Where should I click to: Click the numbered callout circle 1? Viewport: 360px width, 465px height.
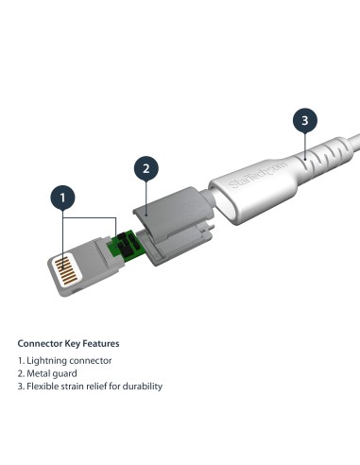[x=62, y=198]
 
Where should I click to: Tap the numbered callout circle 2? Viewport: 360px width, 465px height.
[x=145, y=170]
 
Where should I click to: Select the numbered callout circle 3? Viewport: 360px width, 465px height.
[x=302, y=120]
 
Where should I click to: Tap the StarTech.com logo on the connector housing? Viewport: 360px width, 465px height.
[x=247, y=172]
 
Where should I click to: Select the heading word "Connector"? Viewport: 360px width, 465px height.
[x=42, y=343]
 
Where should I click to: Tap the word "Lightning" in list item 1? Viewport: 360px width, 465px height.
[x=47, y=361]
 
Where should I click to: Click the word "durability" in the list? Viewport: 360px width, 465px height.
[x=142, y=386]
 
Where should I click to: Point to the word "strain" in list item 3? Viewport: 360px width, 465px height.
[x=75, y=386]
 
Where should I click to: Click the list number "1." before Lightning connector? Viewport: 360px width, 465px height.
[x=21, y=361]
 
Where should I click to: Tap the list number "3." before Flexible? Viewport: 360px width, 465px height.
[x=21, y=386]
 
